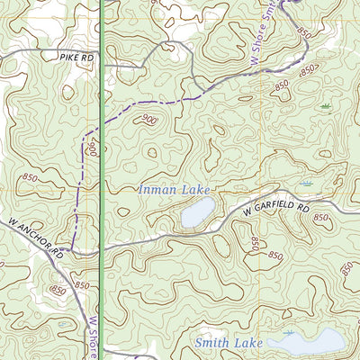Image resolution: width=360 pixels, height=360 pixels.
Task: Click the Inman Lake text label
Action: point(172,190)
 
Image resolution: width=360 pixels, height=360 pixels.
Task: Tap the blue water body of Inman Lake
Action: point(197,213)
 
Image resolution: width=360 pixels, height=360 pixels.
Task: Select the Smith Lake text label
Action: point(229,343)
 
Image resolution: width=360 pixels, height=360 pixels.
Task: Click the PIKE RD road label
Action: point(77,56)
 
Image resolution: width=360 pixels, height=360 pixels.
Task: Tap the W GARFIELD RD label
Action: point(275,209)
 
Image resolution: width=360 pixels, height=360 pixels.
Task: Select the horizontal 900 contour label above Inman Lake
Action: point(148,119)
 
